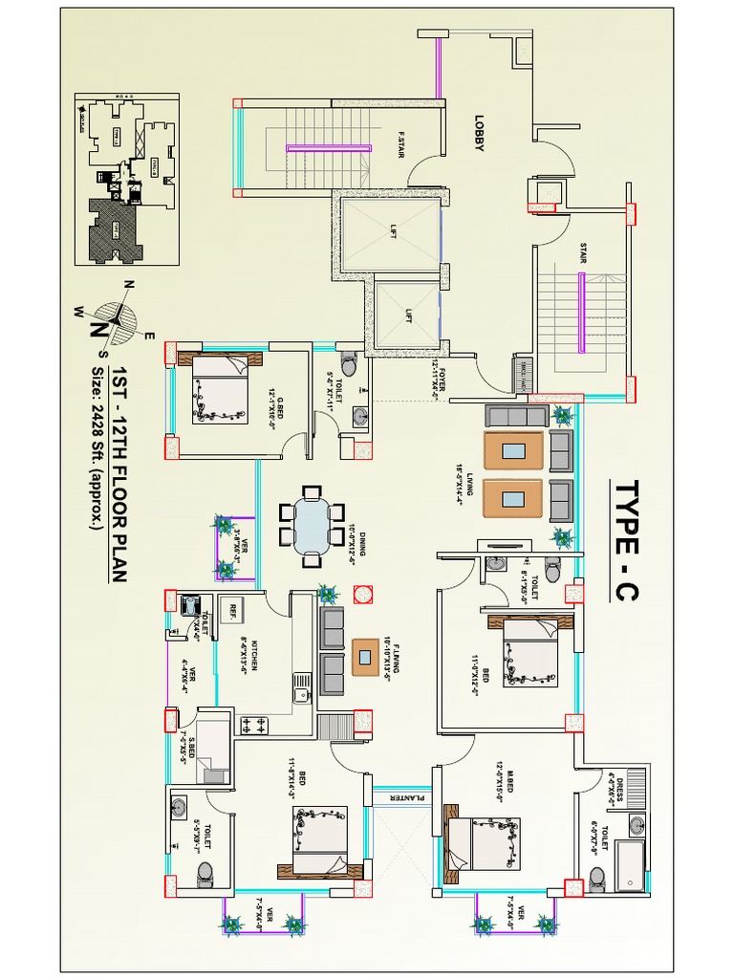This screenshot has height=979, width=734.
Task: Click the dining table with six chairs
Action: pos(311,525)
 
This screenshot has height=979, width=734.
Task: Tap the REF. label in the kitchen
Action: pos(231,610)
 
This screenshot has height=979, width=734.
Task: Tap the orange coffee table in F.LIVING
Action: pos(364,656)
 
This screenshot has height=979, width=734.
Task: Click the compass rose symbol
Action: pos(117,315)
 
